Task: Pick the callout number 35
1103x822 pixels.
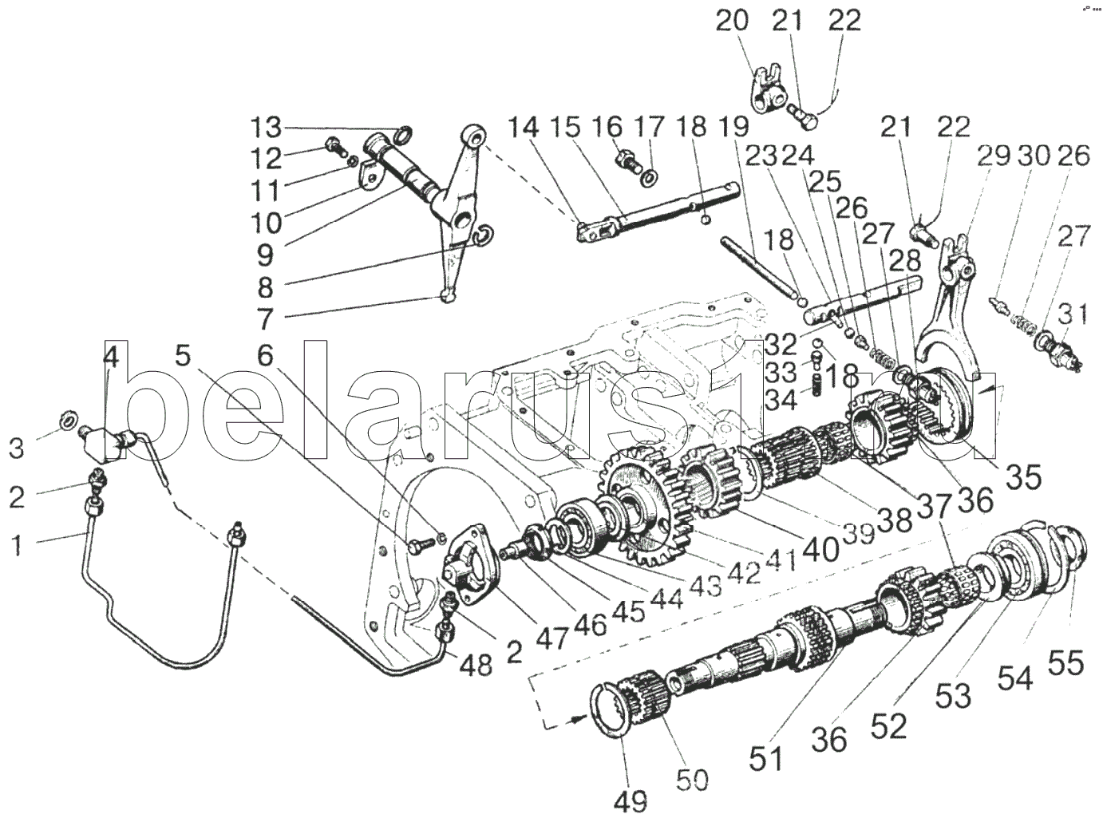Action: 1023,476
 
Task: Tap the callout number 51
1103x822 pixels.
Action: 766,758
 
